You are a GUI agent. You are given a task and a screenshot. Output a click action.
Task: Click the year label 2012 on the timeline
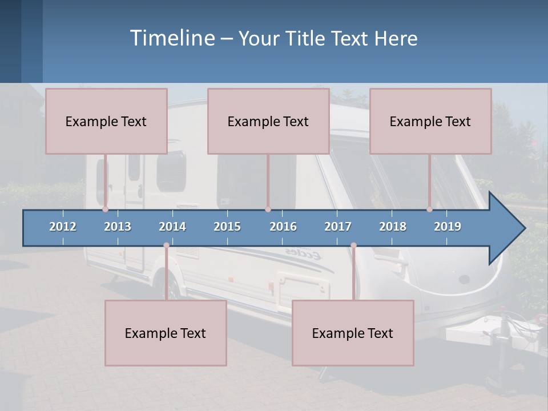tap(63, 227)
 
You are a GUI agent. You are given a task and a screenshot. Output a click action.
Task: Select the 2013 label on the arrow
tap(118, 227)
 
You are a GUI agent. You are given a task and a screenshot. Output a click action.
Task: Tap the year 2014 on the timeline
tap(172, 227)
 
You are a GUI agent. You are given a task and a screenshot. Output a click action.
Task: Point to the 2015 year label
tap(227, 227)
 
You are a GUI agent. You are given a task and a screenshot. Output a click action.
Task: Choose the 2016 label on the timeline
tap(283, 227)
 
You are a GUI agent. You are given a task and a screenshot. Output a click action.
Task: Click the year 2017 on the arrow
tap(338, 227)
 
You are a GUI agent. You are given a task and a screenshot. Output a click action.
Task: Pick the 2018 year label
tap(393, 227)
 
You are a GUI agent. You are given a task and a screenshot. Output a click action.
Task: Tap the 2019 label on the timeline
tap(448, 227)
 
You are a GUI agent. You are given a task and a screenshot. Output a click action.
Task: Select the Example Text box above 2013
tap(106, 122)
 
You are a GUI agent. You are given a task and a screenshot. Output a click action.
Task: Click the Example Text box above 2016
tap(268, 122)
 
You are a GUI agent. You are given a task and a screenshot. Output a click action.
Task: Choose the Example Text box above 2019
tap(430, 122)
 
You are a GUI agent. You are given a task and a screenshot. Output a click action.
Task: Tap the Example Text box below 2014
tap(166, 333)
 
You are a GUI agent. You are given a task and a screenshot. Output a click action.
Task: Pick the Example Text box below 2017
tap(353, 333)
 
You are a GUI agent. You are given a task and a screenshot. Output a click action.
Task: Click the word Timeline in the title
tap(172, 38)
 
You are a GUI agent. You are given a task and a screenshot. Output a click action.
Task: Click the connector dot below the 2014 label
tap(166, 245)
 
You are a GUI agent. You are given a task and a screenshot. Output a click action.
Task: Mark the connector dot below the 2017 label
tap(353, 245)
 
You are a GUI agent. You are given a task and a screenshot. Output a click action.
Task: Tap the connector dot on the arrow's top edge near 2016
tap(268, 209)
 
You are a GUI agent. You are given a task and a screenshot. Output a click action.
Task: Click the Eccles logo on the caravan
tap(303, 254)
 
